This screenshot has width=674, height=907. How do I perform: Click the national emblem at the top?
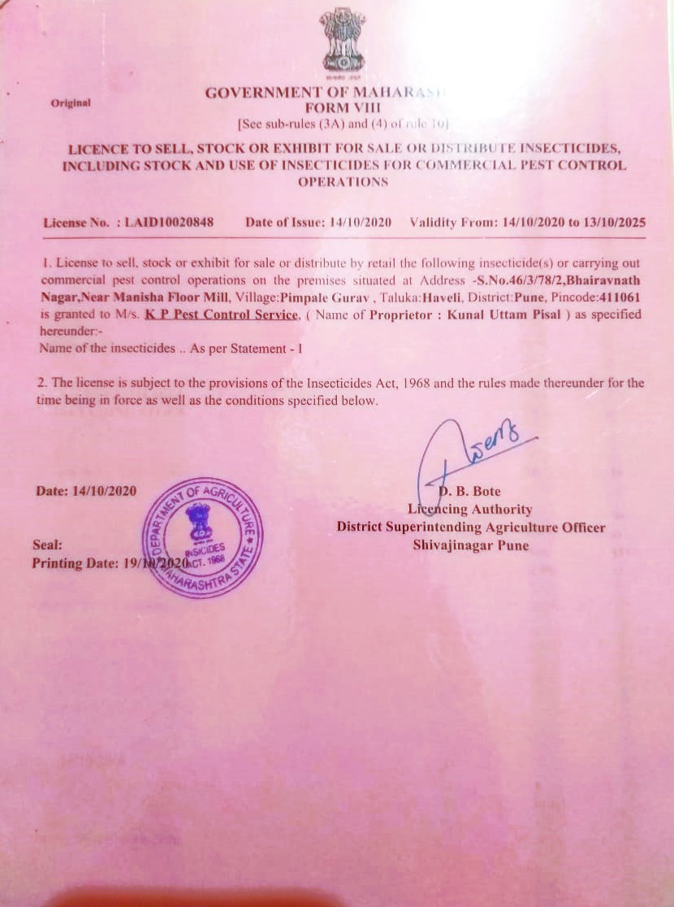coord(343,41)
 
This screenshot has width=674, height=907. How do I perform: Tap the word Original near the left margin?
coord(71,103)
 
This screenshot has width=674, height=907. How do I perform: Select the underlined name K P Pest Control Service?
coord(221,315)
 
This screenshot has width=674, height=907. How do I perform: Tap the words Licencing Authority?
coord(470,510)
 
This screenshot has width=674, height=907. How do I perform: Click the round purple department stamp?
coord(201,538)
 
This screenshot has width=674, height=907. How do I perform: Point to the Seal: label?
coord(47,545)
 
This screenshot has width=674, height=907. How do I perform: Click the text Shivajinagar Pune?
coord(470,545)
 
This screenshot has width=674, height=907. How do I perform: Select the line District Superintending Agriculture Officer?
coord(471,527)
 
